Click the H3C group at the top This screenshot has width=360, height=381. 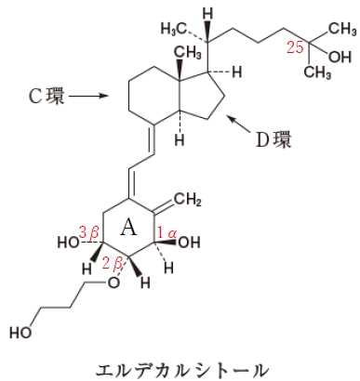[174, 28]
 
